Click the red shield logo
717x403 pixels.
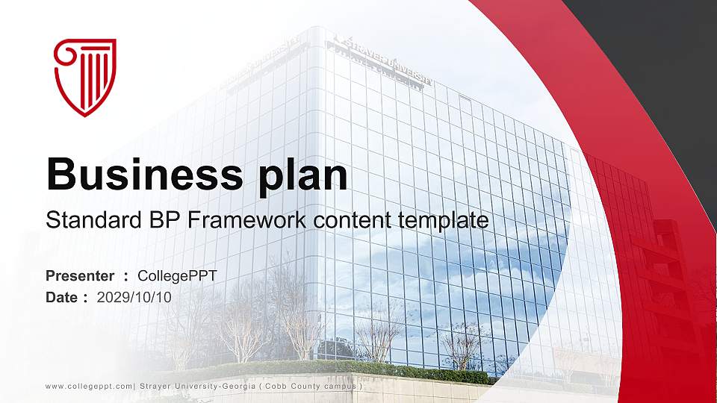pyautogui.click(x=85, y=77)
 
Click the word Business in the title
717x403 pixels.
pyautogui.click(x=144, y=175)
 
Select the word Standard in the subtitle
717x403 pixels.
pyautogui.click(x=94, y=219)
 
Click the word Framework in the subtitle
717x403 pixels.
pyautogui.click(x=247, y=219)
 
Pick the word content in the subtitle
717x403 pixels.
pyautogui.click(x=352, y=221)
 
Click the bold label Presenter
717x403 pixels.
pyautogui.click(x=80, y=276)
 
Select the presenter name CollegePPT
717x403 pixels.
pyautogui.click(x=177, y=276)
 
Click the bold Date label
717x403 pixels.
pyautogui.click(x=62, y=298)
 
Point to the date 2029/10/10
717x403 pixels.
pyautogui.click(x=134, y=298)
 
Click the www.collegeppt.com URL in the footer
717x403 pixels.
pyautogui.click(x=89, y=387)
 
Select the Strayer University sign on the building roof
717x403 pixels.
pyautogui.click(x=383, y=60)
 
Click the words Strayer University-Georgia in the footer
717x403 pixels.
pyautogui.click(x=197, y=386)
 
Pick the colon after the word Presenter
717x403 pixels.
pyautogui.click(x=125, y=277)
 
